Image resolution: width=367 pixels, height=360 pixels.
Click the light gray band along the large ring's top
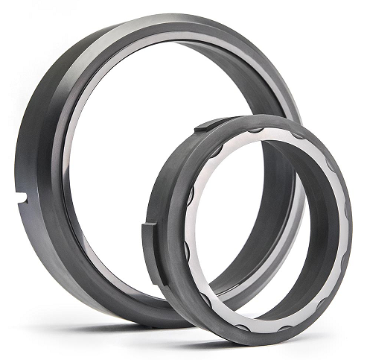coord(171,37)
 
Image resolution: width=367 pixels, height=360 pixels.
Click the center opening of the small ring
coord(264,224)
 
